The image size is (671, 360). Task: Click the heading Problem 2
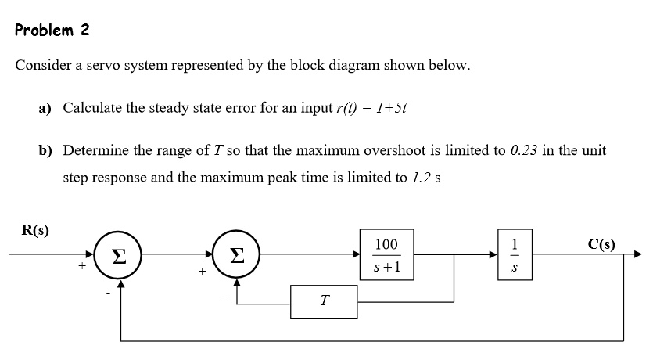click(x=52, y=31)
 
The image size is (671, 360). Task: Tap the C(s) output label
click(x=600, y=244)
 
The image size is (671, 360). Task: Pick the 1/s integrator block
click(x=514, y=254)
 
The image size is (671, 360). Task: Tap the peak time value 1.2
click(x=421, y=177)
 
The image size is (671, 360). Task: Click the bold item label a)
click(x=45, y=107)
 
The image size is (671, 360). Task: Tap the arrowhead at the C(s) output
click(x=637, y=254)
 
